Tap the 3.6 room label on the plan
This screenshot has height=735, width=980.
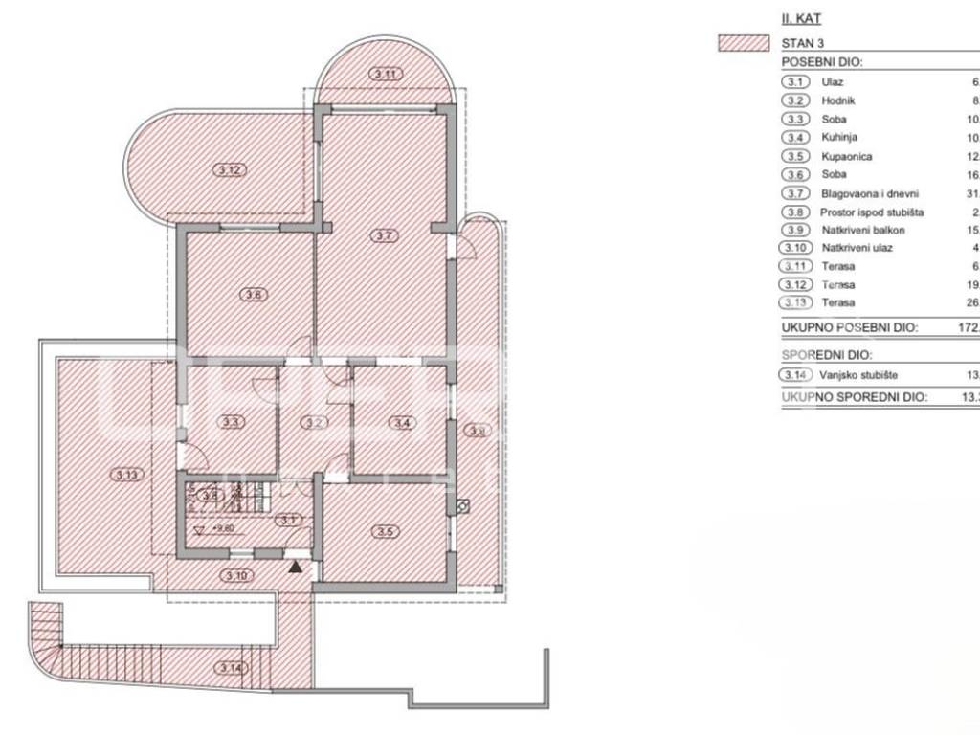click(x=253, y=295)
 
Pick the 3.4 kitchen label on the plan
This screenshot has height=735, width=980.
click(x=400, y=421)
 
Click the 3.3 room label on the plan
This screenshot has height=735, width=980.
click(x=231, y=420)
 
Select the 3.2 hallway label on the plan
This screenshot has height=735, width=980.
click(x=315, y=421)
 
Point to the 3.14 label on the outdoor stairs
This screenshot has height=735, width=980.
click(x=230, y=667)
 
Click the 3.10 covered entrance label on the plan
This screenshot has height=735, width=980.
click(x=234, y=575)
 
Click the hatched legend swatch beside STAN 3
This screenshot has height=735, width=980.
click(x=744, y=43)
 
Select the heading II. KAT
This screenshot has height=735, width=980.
click(x=802, y=17)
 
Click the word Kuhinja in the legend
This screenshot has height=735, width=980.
click(x=838, y=138)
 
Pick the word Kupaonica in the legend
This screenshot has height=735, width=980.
click(x=846, y=156)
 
